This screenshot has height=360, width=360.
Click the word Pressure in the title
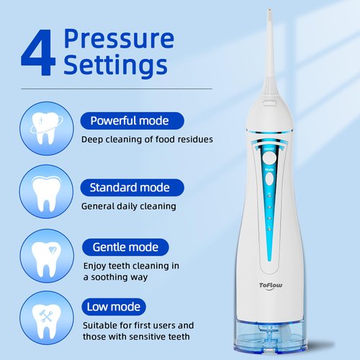tap(118, 37)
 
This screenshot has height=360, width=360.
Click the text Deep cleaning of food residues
tap(146, 139)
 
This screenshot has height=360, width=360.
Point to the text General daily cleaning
tap(128, 206)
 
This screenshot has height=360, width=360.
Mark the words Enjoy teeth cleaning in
tap(130, 266)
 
